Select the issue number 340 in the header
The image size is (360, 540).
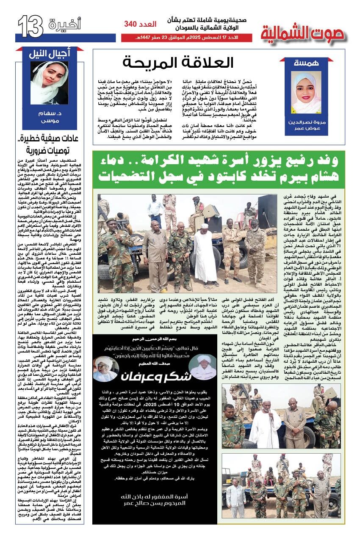(x=135, y=25)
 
